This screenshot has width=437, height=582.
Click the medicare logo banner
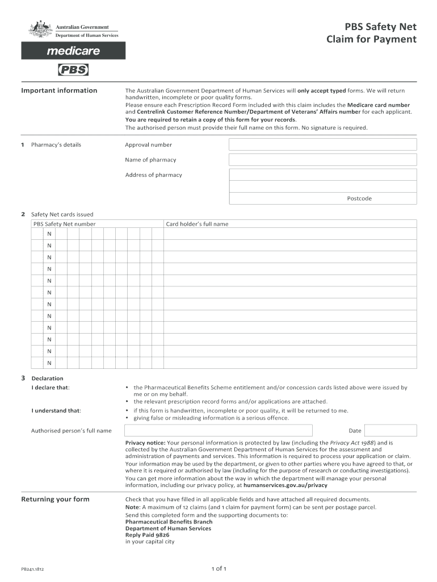pyautogui.click(x=73, y=51)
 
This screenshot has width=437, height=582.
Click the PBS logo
pyautogui.click(x=73, y=70)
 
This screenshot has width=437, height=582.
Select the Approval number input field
pyautogui.click(x=322, y=144)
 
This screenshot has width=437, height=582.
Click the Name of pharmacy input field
pyautogui.click(x=322, y=160)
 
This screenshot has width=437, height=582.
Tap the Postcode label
pyautogui.click(x=359, y=198)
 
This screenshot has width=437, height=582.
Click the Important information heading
pyautogui.click(x=59, y=90)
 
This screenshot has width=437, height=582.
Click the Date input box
pyautogui.click(x=390, y=431)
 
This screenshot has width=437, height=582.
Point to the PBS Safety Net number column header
pyautogui.click(x=64, y=224)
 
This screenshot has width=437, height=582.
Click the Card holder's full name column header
pyautogui.click(x=197, y=224)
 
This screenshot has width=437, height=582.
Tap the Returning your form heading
pyautogui.click(x=55, y=499)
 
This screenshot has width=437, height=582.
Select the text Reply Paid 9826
pyautogui.click(x=147, y=535)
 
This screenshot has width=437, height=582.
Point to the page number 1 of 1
pyautogui.click(x=218, y=568)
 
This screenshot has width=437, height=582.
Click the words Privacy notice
pyautogui.click(x=145, y=442)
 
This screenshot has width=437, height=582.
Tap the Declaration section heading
pyautogui.click(x=47, y=379)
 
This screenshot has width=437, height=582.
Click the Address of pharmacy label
pyautogui.click(x=153, y=175)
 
